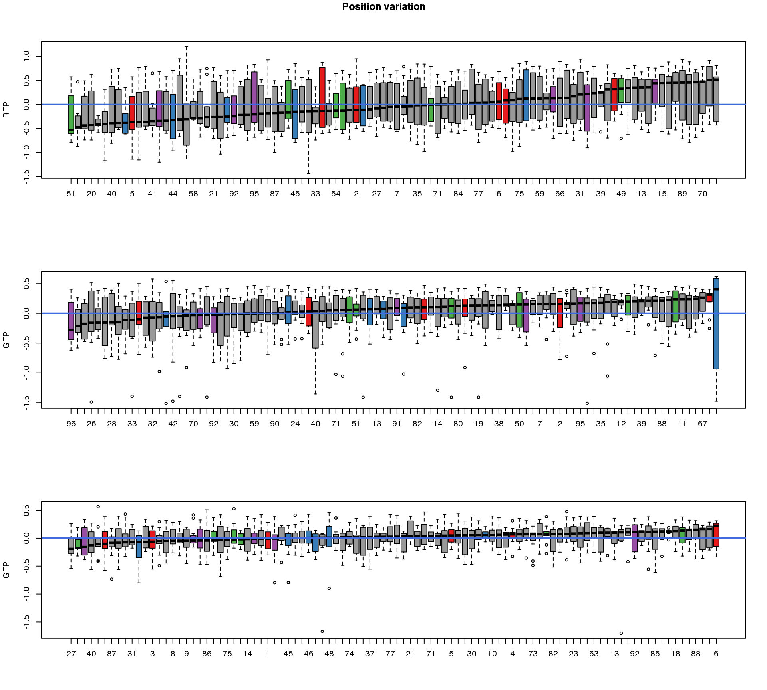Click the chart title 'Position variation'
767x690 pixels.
tap(383, 7)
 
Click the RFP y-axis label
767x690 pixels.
tap(6, 110)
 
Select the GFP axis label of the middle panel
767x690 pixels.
tap(6, 340)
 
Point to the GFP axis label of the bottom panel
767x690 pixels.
tap(6, 570)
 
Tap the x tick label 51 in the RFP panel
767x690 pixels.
tap(71, 194)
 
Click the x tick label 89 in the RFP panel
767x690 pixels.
tap(682, 194)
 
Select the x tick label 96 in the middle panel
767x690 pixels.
tap(71, 424)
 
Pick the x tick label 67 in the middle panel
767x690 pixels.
tap(702, 424)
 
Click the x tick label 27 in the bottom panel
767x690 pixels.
tap(71, 654)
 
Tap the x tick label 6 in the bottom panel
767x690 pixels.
tap(716, 654)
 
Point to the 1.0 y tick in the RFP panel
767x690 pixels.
tap(27, 56)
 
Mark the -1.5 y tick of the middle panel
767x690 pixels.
tap(27, 402)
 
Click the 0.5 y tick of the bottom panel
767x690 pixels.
tap(27, 510)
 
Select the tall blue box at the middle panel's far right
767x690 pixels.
tap(716, 323)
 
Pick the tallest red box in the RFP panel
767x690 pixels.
tap(322, 97)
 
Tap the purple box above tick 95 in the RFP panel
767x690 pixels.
tap(254, 97)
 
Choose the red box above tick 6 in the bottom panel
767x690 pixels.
tap(716, 535)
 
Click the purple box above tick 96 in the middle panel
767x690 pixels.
tap(71, 321)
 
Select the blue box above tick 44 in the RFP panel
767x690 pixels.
tap(173, 116)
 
